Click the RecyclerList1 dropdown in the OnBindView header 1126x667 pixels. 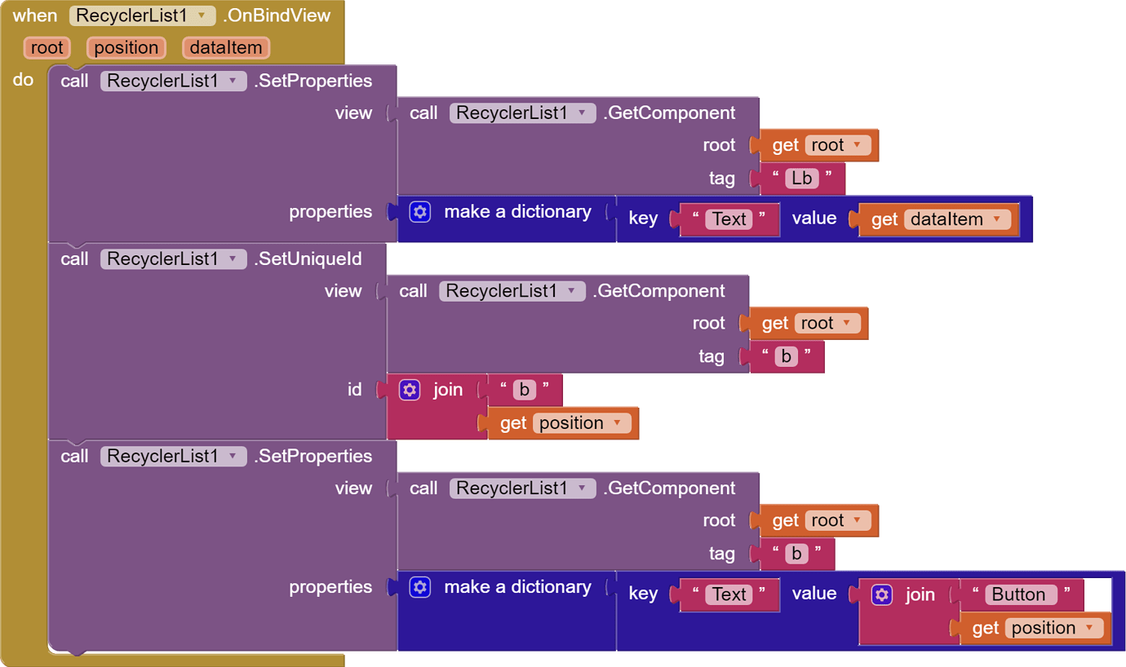pos(142,15)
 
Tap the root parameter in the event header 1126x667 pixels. pos(47,47)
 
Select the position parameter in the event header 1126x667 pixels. pos(126,47)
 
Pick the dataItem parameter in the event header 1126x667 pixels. pos(225,47)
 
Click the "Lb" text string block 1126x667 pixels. pos(801,179)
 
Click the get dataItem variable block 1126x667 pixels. pos(938,219)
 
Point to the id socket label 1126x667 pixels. pos(354,390)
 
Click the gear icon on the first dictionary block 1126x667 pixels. pos(420,212)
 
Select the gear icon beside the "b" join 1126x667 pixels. pos(410,390)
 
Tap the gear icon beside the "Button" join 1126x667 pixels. pos(882,594)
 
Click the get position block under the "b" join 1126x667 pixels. pos(563,423)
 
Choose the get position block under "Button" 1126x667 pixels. pos(1035,628)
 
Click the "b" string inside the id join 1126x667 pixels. pos(524,390)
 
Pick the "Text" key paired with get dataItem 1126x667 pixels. pos(729,219)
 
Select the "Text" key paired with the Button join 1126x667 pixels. pos(729,594)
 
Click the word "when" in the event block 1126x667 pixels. pos(35,15)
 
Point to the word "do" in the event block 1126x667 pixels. pos(23,80)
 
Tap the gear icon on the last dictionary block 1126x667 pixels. pos(420,587)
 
